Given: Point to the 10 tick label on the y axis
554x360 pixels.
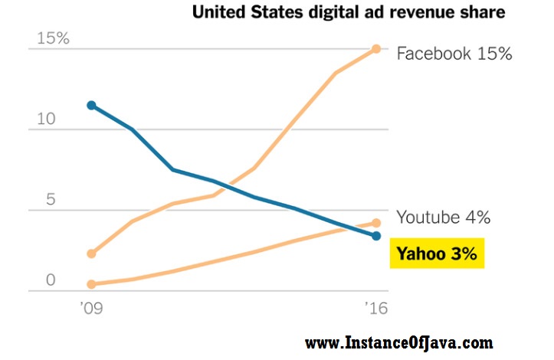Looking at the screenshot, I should pos(45,119).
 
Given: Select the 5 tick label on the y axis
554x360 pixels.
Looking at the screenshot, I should pos(51,200).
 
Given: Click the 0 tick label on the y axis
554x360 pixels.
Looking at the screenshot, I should pos(51,280).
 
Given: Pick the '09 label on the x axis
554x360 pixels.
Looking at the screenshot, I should pos(91,309).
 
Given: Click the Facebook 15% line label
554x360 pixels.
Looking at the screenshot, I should pos(454,54).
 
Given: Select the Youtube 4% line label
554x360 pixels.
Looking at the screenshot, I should pos(444,218).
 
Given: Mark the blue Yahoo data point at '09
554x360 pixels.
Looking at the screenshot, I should pos(91,105).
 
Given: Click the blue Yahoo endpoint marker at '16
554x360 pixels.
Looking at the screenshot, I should pos(376,236).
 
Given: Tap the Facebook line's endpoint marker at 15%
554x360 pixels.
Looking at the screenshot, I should pos(376,49).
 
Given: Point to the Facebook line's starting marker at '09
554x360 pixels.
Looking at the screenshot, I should pos(91,254).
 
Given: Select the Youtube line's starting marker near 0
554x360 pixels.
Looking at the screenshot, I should pos(91,284).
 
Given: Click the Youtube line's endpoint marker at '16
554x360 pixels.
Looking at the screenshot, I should pos(376,223).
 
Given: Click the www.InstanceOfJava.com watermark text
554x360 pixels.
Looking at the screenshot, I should pos(399,342).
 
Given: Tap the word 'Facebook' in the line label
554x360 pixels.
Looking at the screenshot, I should pos(432,54).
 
